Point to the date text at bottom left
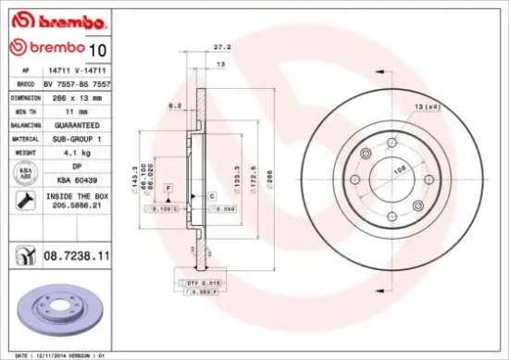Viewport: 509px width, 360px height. pyautogui.click(x=56, y=354)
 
